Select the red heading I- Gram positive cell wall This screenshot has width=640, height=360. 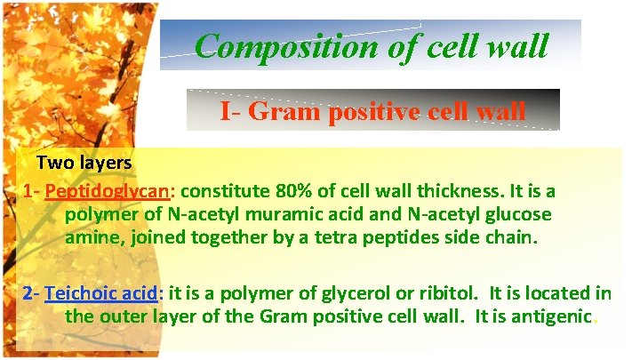point(373,111)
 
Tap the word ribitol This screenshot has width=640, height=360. point(420,292)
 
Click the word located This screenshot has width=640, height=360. point(556,292)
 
